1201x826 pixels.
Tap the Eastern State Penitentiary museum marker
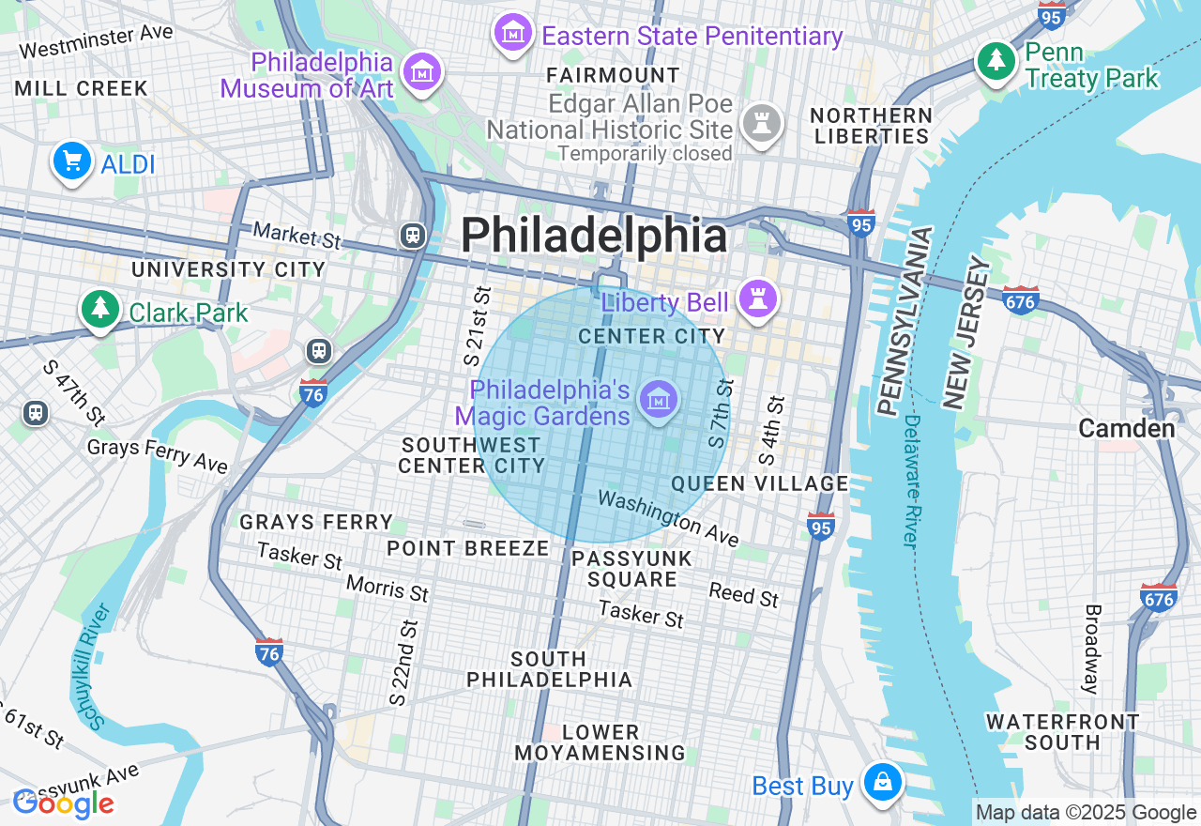(513, 34)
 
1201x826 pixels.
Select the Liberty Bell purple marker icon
(757, 299)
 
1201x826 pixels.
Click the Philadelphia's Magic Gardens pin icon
(659, 400)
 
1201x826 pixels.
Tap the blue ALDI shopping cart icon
(72, 161)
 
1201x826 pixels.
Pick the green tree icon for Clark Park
(100, 309)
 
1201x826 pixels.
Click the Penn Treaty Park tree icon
(996, 62)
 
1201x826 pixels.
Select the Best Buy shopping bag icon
(882, 781)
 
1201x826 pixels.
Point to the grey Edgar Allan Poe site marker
(762, 124)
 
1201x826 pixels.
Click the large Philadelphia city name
(594, 236)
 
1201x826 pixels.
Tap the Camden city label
(1126, 429)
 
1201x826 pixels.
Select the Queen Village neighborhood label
(760, 483)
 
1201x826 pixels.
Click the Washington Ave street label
(668, 518)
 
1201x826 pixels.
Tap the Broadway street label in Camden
(1092, 649)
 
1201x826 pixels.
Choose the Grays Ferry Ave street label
(158, 454)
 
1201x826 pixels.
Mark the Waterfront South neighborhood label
(1062, 732)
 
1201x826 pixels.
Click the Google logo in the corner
(63, 803)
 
